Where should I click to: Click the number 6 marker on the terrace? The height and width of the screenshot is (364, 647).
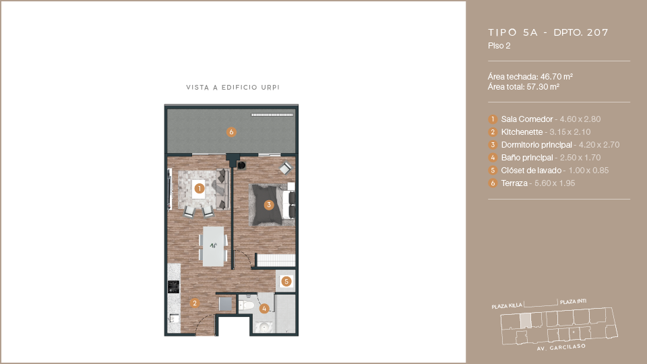(231, 132)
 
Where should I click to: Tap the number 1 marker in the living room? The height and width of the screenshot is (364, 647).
(199, 189)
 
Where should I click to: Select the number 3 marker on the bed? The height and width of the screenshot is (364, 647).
(269, 205)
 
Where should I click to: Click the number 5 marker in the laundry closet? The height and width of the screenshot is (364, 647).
(286, 282)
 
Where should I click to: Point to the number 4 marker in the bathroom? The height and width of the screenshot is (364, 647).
(264, 308)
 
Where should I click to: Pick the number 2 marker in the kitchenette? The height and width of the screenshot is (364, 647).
(194, 303)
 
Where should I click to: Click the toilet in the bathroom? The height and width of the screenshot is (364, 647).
(247, 305)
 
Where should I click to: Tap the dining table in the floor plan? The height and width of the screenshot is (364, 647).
(214, 247)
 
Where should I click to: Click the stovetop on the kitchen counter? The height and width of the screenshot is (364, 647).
(174, 286)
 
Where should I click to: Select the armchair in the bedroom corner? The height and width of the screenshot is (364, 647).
(286, 168)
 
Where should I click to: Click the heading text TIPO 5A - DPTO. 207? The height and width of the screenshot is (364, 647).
(549, 32)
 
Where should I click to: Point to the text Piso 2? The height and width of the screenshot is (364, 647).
(499, 46)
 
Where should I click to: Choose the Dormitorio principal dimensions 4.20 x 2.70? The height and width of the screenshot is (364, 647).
(599, 145)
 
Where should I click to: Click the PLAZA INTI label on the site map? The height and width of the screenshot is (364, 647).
(573, 302)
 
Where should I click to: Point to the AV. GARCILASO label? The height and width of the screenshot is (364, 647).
(561, 348)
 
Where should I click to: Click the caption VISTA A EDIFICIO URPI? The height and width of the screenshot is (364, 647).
(233, 88)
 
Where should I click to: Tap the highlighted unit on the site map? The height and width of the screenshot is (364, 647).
(525, 321)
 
